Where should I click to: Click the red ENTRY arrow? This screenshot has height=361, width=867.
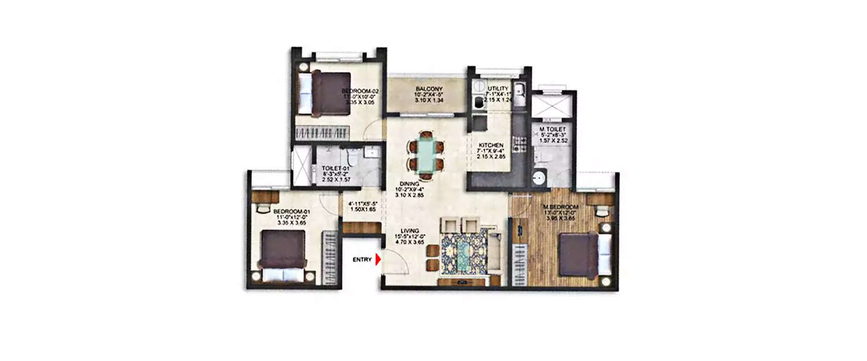click(x=378, y=260)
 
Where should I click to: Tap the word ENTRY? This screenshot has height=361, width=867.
click(x=362, y=260)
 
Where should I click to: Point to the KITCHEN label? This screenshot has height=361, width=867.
click(x=491, y=145)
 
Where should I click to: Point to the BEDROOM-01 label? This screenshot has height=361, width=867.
click(x=292, y=212)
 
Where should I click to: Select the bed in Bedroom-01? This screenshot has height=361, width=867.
click(x=282, y=251)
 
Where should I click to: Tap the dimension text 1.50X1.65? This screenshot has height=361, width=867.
click(x=362, y=210)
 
